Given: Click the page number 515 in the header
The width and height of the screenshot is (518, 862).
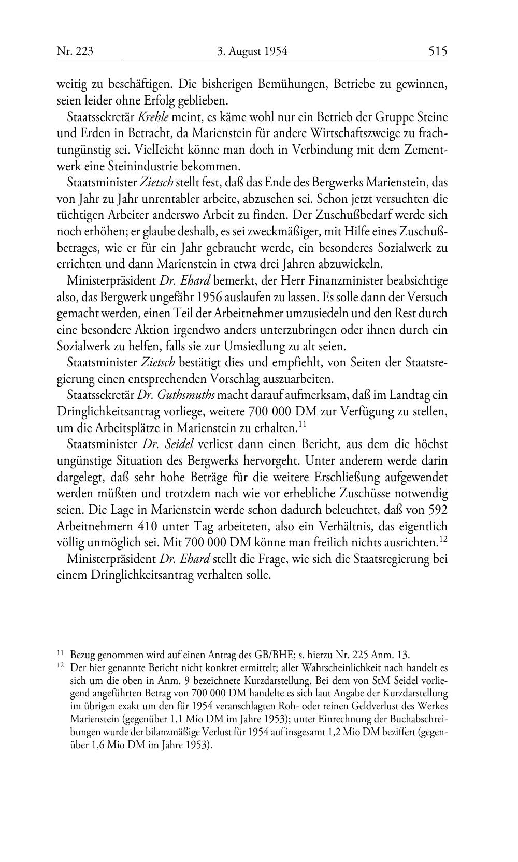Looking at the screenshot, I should pos(437,51).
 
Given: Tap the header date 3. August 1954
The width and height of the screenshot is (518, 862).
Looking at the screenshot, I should pos(252,51).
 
